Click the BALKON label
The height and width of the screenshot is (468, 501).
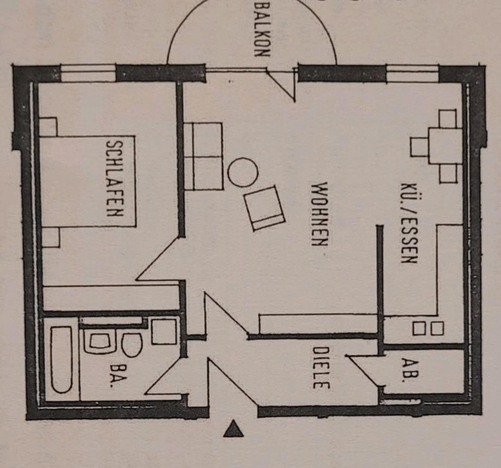coord(262,30)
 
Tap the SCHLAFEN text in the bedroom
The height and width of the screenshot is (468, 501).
coord(114,178)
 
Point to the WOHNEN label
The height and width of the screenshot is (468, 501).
coord(320,214)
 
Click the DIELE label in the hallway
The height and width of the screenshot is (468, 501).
coord(321,367)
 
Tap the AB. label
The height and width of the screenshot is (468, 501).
coord(407,370)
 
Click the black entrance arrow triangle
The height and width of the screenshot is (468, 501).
coord(234,429)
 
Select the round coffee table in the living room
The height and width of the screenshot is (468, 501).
coord(242,172)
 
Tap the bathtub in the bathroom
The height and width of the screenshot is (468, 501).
coord(61,359)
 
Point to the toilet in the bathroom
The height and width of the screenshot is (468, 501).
coord(132,345)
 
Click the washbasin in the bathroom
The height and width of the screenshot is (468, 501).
coord(100,341)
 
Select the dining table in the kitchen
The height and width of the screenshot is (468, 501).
coord(445,146)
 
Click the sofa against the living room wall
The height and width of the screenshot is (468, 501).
coord(203,156)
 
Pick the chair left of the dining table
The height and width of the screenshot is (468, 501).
coord(419,147)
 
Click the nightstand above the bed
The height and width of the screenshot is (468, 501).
coord(48,127)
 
